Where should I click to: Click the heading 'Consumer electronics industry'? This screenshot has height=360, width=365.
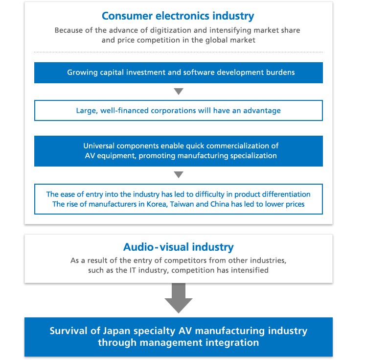point(178,16)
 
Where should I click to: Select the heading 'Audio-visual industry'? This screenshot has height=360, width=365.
point(178,247)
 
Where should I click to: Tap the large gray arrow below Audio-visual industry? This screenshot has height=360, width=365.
point(179,298)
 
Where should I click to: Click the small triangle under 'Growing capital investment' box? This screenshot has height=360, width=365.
point(179,91)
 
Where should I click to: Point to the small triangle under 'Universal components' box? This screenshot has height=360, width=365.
point(179,174)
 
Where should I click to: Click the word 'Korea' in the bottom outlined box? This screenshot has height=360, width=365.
point(157,204)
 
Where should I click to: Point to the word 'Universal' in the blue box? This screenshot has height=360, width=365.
point(99,146)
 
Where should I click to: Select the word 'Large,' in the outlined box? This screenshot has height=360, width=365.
point(87,111)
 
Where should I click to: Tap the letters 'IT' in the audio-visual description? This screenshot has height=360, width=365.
point(133,270)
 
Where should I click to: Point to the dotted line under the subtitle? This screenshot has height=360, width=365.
point(178,52)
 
